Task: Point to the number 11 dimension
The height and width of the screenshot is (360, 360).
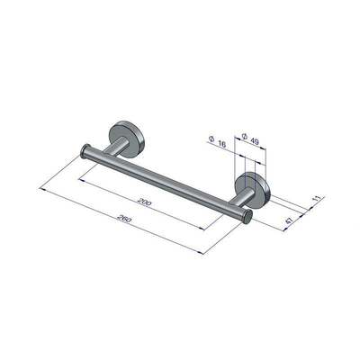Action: click(315, 193)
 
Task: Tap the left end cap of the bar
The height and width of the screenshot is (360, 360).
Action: click(85, 150)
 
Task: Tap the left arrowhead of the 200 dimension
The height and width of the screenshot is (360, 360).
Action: click(80, 176)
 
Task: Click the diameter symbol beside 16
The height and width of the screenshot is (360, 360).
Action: click(210, 139)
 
